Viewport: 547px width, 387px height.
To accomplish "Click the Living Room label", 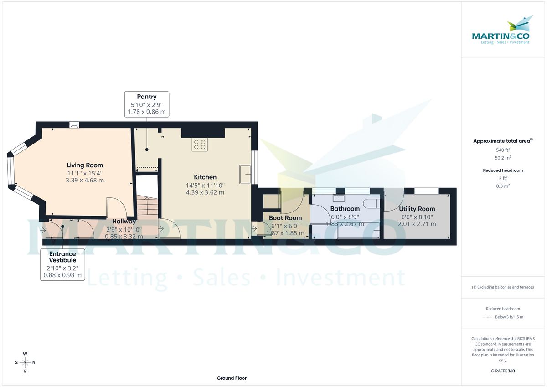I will pos(85,165).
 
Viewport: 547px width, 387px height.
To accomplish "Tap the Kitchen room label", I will pos(205,177).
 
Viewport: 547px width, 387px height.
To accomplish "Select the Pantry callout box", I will pos(147,103).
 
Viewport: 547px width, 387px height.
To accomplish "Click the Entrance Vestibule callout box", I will pos(63,264).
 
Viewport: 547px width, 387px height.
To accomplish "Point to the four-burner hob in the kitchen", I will pos(199,144).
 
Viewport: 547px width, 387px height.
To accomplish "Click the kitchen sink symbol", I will pos(245,174).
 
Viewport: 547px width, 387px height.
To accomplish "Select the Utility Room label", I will pos(417,209).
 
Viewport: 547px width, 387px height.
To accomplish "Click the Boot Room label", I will pos(285,218).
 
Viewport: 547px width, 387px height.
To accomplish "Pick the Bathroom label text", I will pos(345,209).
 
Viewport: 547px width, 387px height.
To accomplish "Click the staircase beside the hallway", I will pos(147,206).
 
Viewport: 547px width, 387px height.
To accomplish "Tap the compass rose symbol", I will pos(25,362).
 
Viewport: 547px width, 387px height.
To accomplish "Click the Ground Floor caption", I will pos(232,378).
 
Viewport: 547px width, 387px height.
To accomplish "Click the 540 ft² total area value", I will pos(503,150).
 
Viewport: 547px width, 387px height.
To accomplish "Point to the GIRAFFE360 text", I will pos(503,371).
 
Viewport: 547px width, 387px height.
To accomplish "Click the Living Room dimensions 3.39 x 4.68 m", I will pos(85,180).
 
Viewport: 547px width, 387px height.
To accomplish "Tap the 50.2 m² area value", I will pos(503,158).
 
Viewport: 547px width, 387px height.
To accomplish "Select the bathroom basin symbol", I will pos(339,198).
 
